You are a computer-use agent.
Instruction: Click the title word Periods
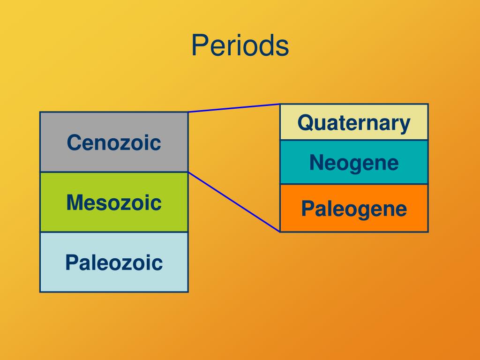click(240, 45)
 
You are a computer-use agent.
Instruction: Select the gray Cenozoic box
click(114, 142)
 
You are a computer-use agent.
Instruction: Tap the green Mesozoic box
click(114, 202)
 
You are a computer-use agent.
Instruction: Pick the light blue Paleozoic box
click(114, 262)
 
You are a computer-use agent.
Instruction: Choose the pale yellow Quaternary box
click(354, 122)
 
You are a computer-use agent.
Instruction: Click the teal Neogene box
click(354, 162)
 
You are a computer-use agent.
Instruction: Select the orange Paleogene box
click(354, 208)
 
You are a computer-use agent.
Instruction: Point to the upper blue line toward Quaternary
click(234, 108)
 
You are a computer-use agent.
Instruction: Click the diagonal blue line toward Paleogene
click(234, 202)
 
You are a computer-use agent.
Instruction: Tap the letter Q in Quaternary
click(306, 123)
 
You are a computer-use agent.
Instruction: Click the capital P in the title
click(200, 45)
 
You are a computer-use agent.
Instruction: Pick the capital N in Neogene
click(316, 162)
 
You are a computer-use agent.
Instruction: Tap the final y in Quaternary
click(404, 126)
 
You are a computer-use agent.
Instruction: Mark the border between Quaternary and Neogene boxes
click(354, 140)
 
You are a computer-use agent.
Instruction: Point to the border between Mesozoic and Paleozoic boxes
click(114, 232)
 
